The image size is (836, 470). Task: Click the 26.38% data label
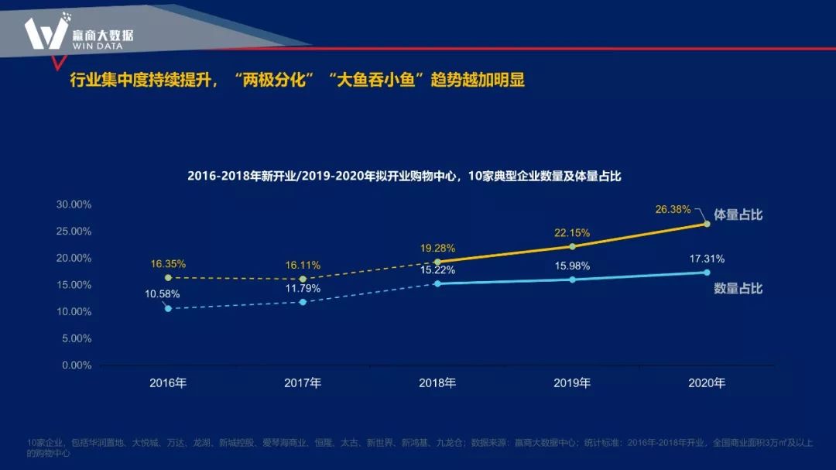click(673, 209)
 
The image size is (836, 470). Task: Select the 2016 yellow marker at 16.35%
click(168, 277)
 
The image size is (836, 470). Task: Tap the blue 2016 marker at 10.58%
click(168, 308)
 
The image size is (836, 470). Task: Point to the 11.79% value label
click(303, 288)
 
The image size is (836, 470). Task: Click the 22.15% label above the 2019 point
click(572, 232)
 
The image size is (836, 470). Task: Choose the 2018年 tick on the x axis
click(437, 383)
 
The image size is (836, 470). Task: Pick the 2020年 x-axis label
click(707, 383)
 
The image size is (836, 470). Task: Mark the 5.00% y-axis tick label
click(77, 338)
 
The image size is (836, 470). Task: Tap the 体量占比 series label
click(738, 214)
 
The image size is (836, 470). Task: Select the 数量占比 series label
click(738, 288)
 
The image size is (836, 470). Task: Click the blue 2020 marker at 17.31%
click(707, 273)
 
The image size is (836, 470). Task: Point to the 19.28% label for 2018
click(437, 249)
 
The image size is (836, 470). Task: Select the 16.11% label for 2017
click(303, 265)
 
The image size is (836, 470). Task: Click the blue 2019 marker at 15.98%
click(572, 280)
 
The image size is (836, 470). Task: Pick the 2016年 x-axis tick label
click(168, 383)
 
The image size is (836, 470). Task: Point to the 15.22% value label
click(437, 270)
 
